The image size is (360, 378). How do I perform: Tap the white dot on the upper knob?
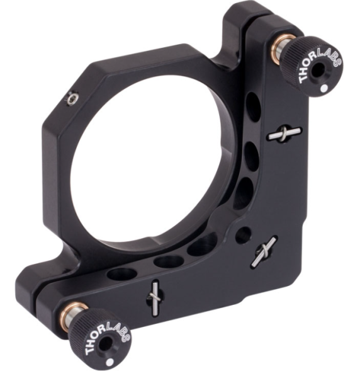(324, 89)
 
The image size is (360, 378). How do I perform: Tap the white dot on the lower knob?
(110, 362)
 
